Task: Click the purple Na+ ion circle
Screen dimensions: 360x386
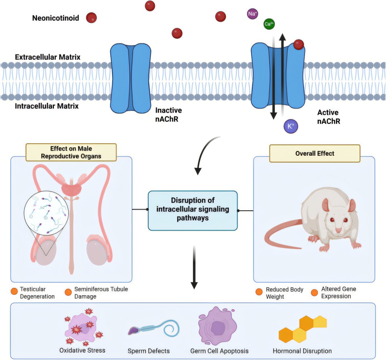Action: (252, 14)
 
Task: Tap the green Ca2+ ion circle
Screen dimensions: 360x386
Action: (269, 24)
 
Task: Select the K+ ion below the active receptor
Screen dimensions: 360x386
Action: (291, 126)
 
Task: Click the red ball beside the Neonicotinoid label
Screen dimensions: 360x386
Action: (91, 18)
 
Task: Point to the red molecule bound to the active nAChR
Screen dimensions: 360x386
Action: (299, 45)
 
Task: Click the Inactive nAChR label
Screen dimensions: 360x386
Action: (168, 115)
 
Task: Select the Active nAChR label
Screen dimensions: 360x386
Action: (328, 117)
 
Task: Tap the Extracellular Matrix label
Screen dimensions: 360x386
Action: (48, 57)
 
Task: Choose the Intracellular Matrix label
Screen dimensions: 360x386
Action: (47, 106)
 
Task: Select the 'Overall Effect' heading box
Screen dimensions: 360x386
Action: (315, 154)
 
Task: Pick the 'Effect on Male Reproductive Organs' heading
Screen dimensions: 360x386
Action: (71, 152)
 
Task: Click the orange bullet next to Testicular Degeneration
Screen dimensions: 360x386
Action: (14, 291)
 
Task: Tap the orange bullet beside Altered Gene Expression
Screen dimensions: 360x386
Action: (314, 293)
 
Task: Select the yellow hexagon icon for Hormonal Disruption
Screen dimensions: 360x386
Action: (302, 330)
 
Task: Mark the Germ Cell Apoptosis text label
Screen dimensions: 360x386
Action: (219, 351)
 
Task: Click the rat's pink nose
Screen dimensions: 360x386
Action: (339, 231)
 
